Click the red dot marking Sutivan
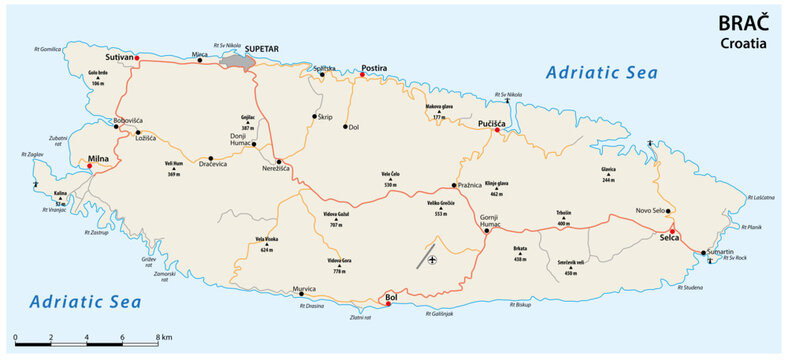[x=138, y=60]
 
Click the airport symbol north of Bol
[x=432, y=261]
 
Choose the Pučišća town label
[x=496, y=118]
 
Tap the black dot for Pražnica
[x=454, y=185]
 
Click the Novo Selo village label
[x=650, y=209]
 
